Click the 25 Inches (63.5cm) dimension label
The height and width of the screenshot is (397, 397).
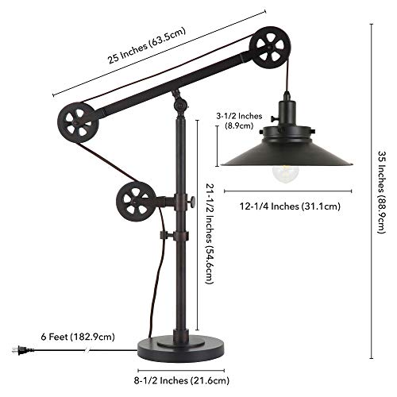click(x=147, y=45)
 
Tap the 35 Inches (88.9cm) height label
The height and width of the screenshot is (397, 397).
click(x=382, y=192)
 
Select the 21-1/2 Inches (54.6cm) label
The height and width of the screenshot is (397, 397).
click(x=210, y=234)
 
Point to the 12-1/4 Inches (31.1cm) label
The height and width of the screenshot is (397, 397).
click(x=290, y=206)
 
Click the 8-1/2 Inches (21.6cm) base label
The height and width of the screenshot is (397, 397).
click(x=182, y=381)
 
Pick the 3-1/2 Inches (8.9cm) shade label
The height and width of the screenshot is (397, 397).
click(x=239, y=121)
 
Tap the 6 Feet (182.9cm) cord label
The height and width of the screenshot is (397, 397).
click(x=78, y=337)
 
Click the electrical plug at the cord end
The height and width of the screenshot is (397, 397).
click(x=21, y=350)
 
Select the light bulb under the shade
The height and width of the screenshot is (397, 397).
click(x=285, y=174)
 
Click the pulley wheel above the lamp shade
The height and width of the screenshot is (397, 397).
click(x=270, y=47)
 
